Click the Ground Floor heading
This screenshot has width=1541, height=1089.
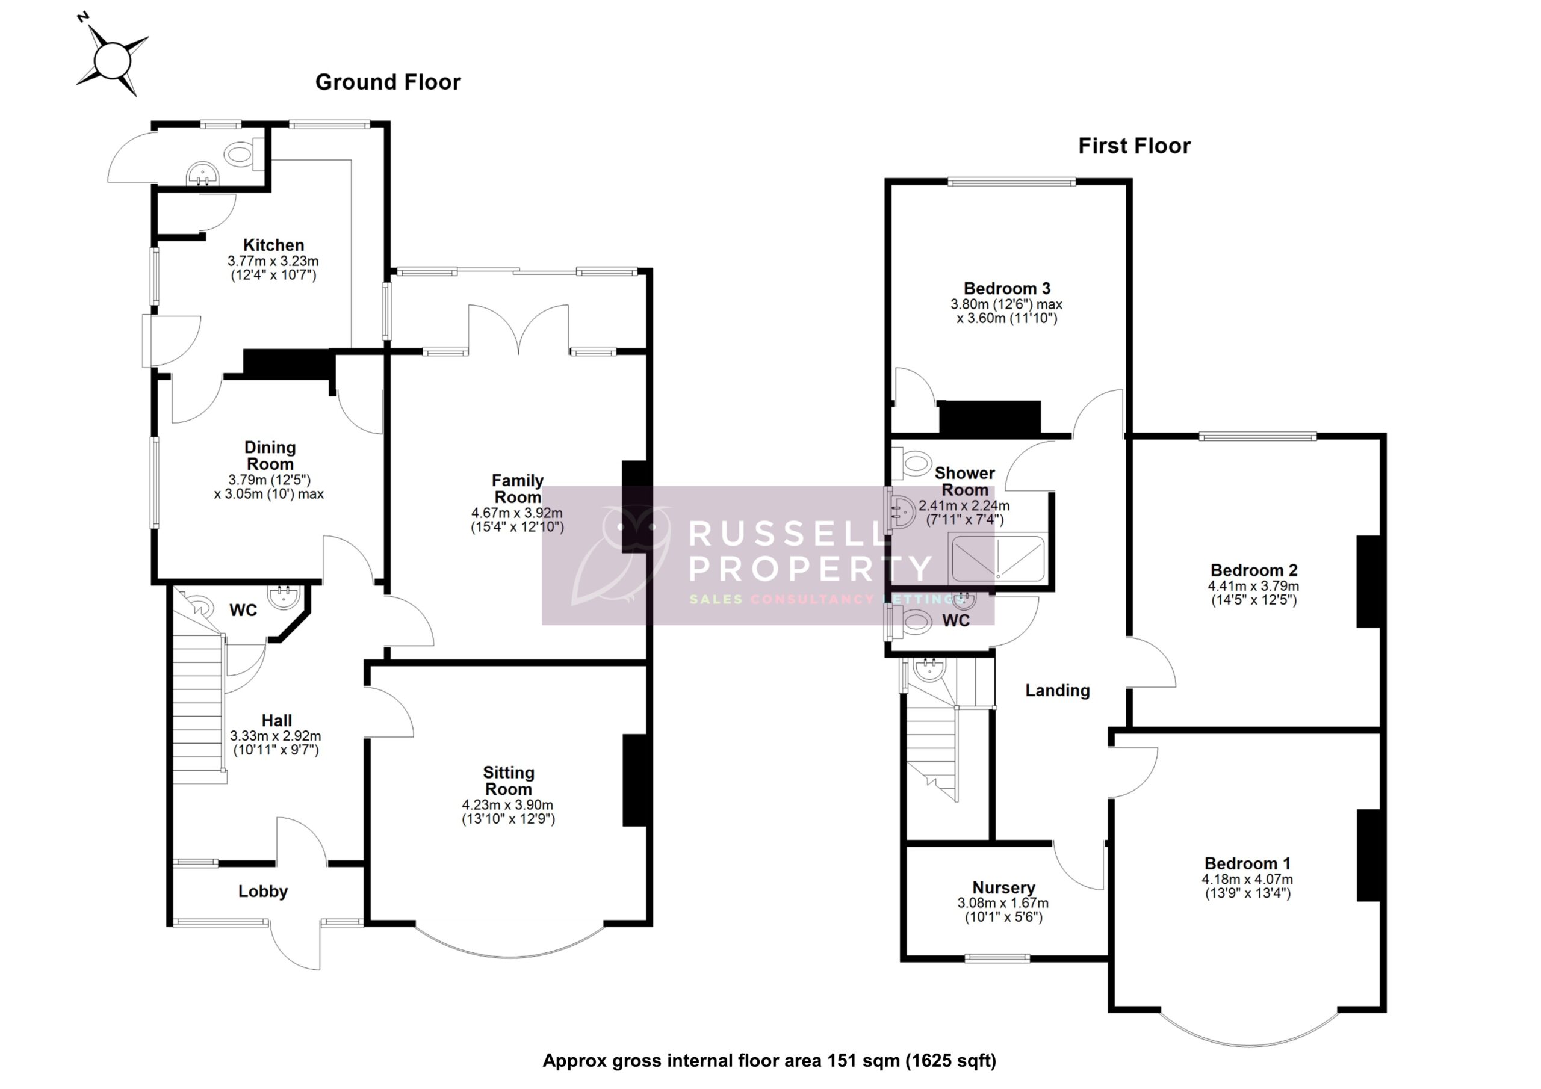[388, 82]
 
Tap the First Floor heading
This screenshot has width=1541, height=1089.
[1133, 146]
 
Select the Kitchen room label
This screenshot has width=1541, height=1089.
[273, 245]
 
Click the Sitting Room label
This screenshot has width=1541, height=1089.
[509, 780]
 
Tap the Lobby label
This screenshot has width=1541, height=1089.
[262, 891]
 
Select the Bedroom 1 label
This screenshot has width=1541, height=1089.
[1247, 863]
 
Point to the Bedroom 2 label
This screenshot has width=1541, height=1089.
[1253, 570]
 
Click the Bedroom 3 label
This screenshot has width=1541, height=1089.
[1006, 289]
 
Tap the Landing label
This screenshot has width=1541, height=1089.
[1057, 691]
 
